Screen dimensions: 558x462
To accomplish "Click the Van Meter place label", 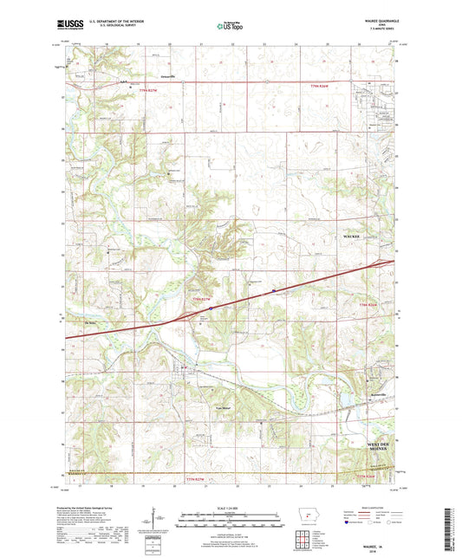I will tap(224, 407).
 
